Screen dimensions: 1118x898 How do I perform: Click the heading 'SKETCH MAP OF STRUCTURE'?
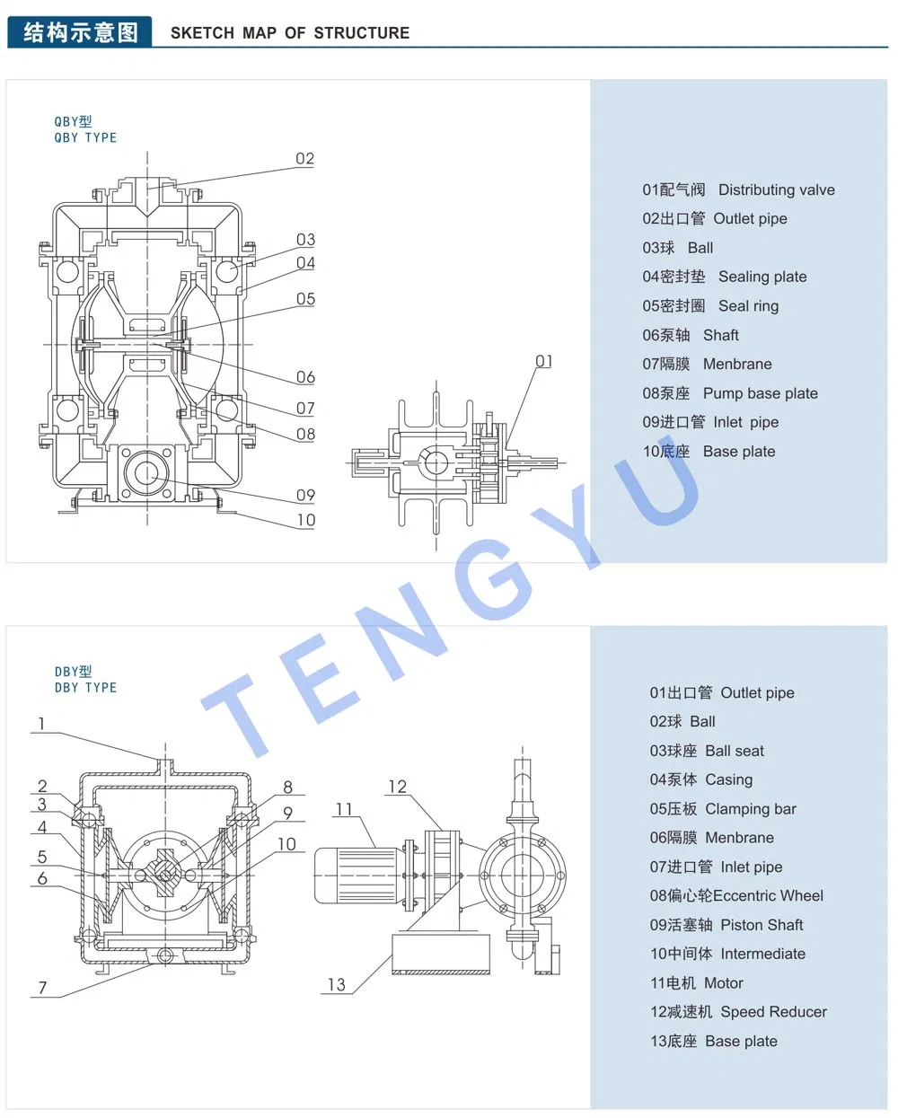point(289,33)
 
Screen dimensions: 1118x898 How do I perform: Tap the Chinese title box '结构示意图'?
point(80,32)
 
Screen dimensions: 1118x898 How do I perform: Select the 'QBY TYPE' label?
point(85,137)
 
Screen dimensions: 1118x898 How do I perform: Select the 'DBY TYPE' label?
point(85,688)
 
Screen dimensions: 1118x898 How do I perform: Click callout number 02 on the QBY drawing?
point(305,159)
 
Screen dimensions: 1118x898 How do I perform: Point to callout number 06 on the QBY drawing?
point(305,377)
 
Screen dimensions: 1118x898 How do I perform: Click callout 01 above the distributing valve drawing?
point(544,361)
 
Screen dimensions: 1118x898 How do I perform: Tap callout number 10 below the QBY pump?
point(305,520)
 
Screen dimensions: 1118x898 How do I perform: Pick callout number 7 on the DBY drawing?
point(42,988)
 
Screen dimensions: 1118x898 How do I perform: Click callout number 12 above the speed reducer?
point(397,787)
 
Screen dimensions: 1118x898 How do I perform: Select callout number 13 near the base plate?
point(336,985)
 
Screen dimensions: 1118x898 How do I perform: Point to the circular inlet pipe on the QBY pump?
point(146,472)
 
